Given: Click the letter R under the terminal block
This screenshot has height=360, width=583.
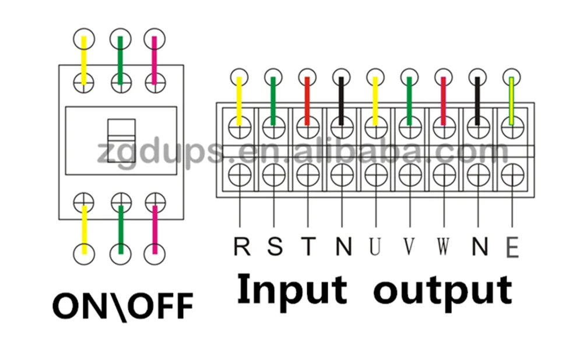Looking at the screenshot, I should tap(241, 246).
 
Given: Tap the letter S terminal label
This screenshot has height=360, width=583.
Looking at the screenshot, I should tap(275, 246).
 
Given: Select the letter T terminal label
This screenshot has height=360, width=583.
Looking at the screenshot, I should tap(308, 246).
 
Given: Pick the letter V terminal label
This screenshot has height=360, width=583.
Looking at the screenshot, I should tap(410, 246).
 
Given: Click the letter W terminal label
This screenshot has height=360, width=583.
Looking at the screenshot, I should tap(444, 246).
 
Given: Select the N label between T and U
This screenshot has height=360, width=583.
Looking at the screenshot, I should tap(343, 246).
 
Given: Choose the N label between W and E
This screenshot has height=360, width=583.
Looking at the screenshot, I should tap(479, 246).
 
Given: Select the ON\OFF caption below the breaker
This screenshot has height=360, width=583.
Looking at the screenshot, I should tap(122, 305).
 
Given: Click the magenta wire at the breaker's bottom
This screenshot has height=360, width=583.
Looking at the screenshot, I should tap(154, 230).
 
